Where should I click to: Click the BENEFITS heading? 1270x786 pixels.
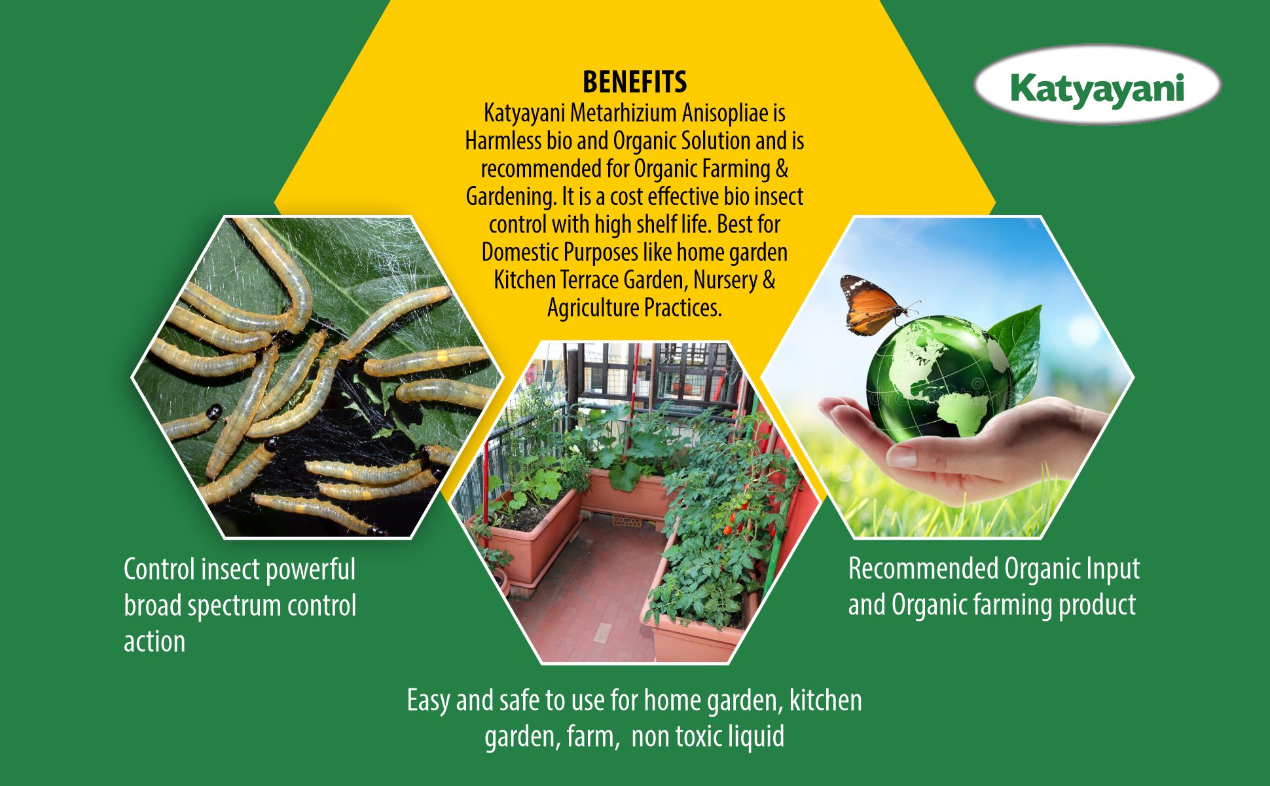[x=634, y=83]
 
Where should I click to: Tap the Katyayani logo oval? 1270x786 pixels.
[x=1097, y=85]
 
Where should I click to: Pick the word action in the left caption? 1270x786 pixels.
[x=154, y=642]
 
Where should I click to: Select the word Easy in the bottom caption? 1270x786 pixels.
[x=429, y=701]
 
